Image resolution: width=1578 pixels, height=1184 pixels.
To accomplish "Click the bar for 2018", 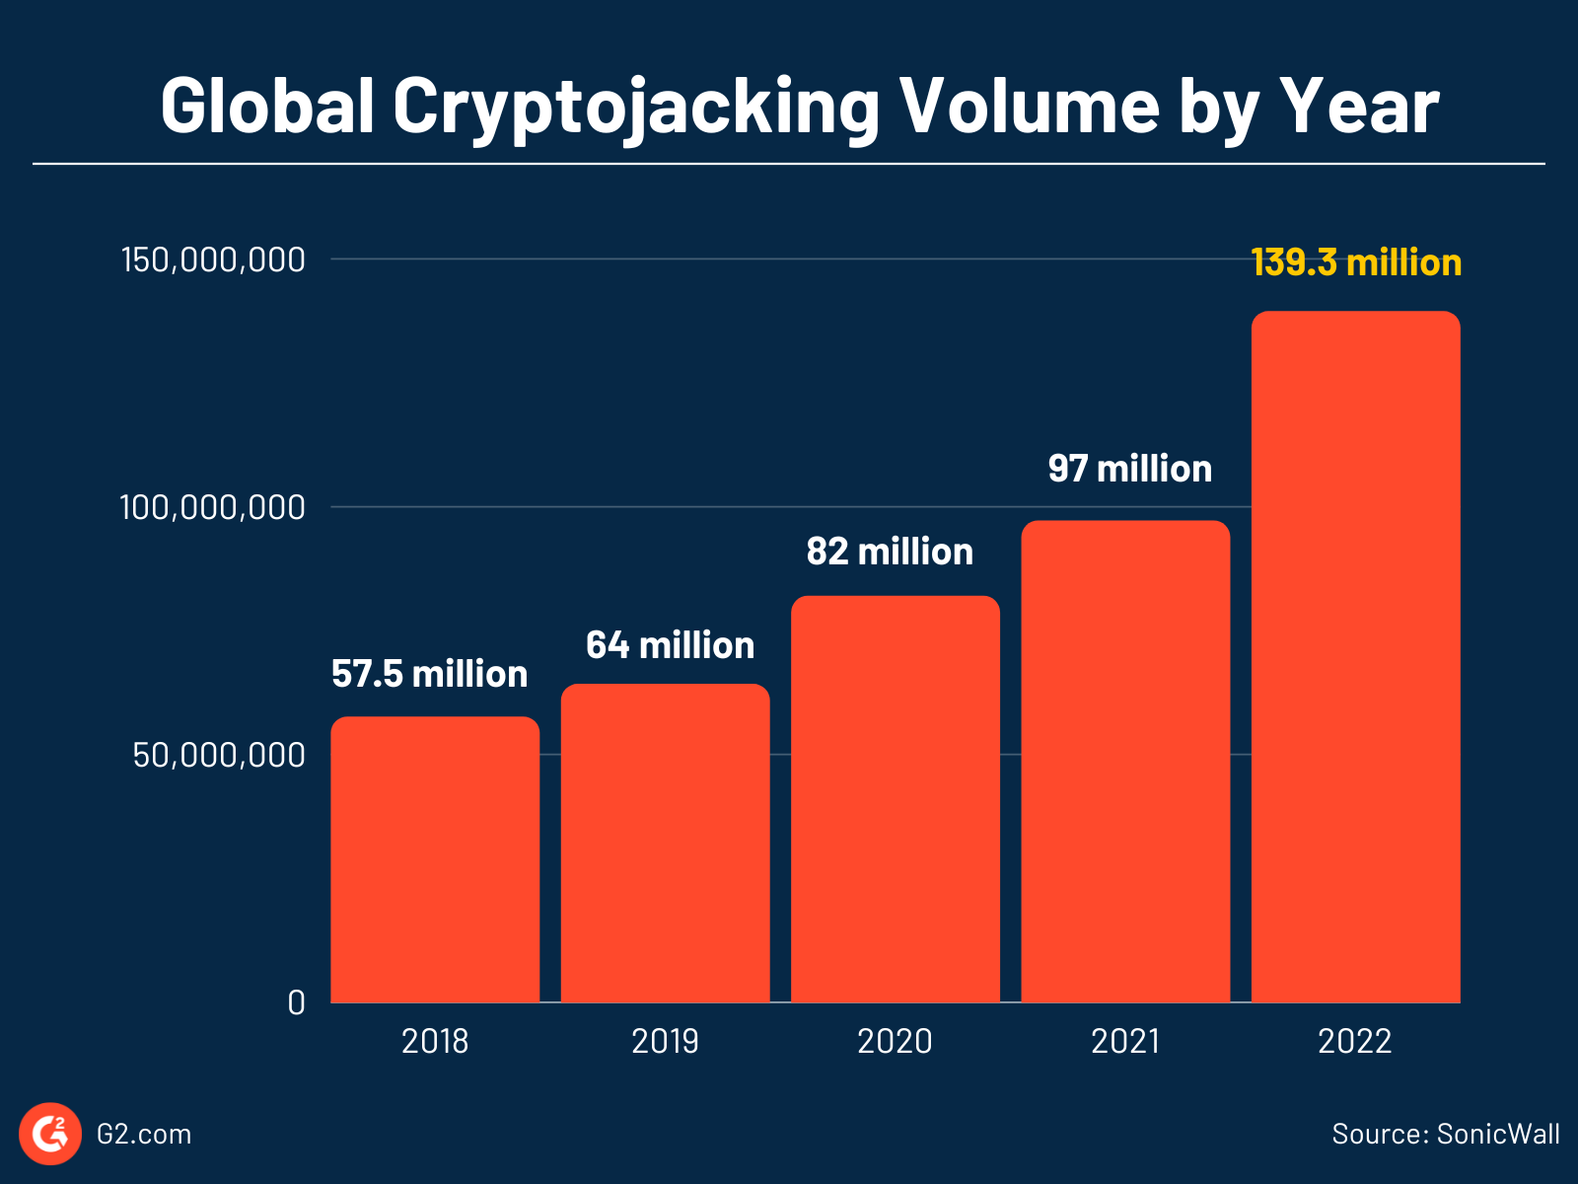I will coord(435,859).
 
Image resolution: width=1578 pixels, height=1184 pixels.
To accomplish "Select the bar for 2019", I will coord(665,844).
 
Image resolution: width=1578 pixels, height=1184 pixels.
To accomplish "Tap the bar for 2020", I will coord(895,799).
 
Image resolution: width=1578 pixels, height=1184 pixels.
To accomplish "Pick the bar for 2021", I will coord(1125,762).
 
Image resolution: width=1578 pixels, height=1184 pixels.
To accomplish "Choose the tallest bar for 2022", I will coord(1355,657).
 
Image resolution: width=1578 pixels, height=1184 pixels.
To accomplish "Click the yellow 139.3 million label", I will coord(1355,262).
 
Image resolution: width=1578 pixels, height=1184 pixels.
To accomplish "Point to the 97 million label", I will coord(1129,469).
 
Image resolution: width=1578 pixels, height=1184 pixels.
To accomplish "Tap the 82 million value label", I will coord(890,552).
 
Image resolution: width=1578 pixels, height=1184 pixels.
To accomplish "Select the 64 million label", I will coord(670,645).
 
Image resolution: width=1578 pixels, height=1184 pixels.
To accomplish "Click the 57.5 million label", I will coord(429,674).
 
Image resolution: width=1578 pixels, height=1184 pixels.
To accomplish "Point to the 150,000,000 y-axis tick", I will coord(213,260).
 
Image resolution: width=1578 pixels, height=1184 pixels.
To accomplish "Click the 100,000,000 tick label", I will coord(213,508).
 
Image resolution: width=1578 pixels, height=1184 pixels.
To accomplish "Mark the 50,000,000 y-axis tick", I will coord(219,756).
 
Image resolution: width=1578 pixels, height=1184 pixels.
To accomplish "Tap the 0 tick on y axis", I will coord(296,1003).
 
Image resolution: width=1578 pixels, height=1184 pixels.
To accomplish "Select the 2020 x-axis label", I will coord(895,1042).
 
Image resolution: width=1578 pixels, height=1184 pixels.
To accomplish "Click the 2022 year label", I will coord(1355,1042).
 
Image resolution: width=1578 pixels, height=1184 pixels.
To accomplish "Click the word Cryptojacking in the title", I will coord(635,107).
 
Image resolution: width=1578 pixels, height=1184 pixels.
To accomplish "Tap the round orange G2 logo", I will coord(50,1134).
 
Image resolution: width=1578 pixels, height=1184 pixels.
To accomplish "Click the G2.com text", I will coord(144,1135).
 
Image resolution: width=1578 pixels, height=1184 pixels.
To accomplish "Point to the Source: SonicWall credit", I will coord(1445,1134).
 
